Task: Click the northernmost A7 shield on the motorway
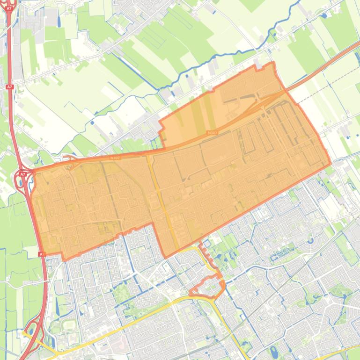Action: coord(9,87)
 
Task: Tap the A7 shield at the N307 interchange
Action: coord(22,174)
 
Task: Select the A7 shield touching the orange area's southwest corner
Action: coord(41,254)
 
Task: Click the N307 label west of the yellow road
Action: coord(115,158)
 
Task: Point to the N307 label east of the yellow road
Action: coord(212,133)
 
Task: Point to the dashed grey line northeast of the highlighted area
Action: coord(328,89)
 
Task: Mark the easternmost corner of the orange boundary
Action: coord(331,164)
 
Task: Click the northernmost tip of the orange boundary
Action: coord(273,62)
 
